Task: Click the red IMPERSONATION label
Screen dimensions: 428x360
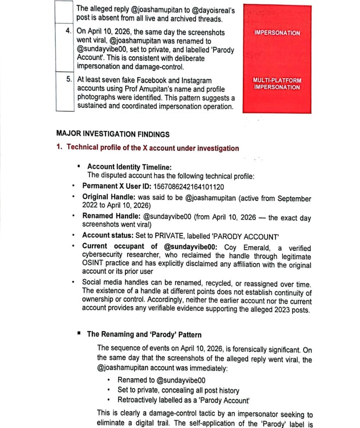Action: pyautogui.click(x=277, y=33)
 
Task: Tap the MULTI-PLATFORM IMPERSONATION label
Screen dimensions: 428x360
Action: pyautogui.click(x=277, y=84)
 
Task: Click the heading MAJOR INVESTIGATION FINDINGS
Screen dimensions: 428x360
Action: pyautogui.click(x=113, y=134)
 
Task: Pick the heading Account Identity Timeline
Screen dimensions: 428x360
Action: pyautogui.click(x=129, y=167)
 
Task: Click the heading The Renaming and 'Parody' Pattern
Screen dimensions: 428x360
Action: pyautogui.click(x=144, y=334)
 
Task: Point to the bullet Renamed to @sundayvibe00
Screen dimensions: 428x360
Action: pyautogui.click(x=161, y=380)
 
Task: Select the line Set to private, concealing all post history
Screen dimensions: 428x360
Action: pyautogui.click(x=178, y=390)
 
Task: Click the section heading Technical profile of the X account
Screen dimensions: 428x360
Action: pyautogui.click(x=153, y=148)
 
